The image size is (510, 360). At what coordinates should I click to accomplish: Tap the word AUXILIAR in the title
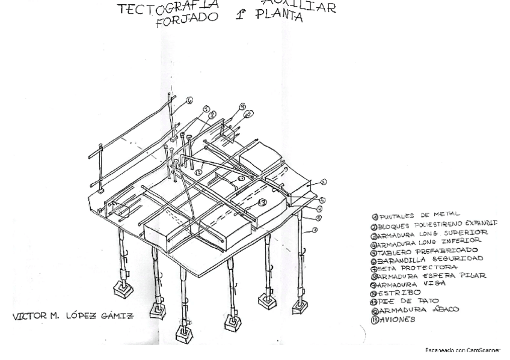coord(300,7)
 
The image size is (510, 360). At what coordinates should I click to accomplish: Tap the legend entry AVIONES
coord(397,319)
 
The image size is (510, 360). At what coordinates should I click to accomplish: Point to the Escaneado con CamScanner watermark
coord(462,350)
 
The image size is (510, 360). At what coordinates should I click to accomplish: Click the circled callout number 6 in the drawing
coord(189,101)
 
